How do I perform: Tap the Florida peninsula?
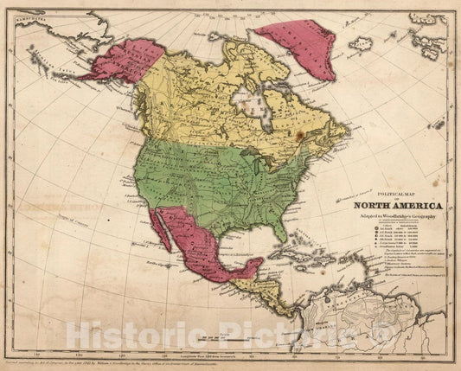click(x=280, y=231)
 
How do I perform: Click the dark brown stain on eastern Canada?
click(x=299, y=135)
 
